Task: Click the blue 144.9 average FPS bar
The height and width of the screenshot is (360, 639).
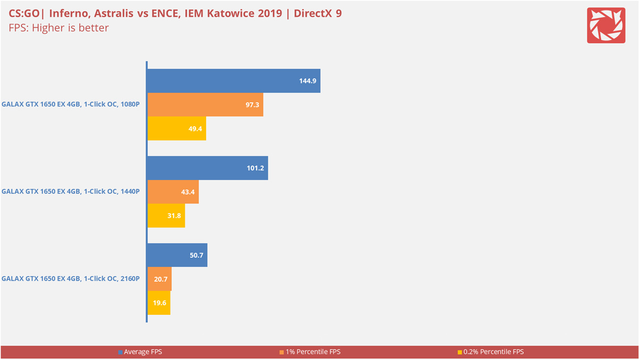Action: point(233,81)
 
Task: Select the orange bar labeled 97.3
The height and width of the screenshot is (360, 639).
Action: point(205,105)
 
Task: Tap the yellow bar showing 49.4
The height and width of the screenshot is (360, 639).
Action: point(176,129)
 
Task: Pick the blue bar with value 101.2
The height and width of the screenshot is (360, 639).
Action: point(207,168)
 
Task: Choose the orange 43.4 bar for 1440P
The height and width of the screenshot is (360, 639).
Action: point(173,192)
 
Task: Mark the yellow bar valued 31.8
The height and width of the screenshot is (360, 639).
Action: point(166,216)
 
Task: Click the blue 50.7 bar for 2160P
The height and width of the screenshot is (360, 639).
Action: point(177,255)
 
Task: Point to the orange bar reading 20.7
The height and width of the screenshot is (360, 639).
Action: point(159,279)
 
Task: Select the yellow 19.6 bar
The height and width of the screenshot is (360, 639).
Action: point(159,303)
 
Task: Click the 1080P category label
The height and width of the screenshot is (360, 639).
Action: point(71,104)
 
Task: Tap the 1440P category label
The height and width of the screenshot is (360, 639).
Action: point(71,191)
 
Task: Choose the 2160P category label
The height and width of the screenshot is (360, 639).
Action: point(71,279)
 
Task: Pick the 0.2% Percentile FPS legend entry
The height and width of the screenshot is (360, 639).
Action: point(490,352)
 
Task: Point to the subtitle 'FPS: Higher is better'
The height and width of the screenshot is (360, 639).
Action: point(59,28)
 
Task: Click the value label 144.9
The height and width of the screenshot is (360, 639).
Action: point(307,81)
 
